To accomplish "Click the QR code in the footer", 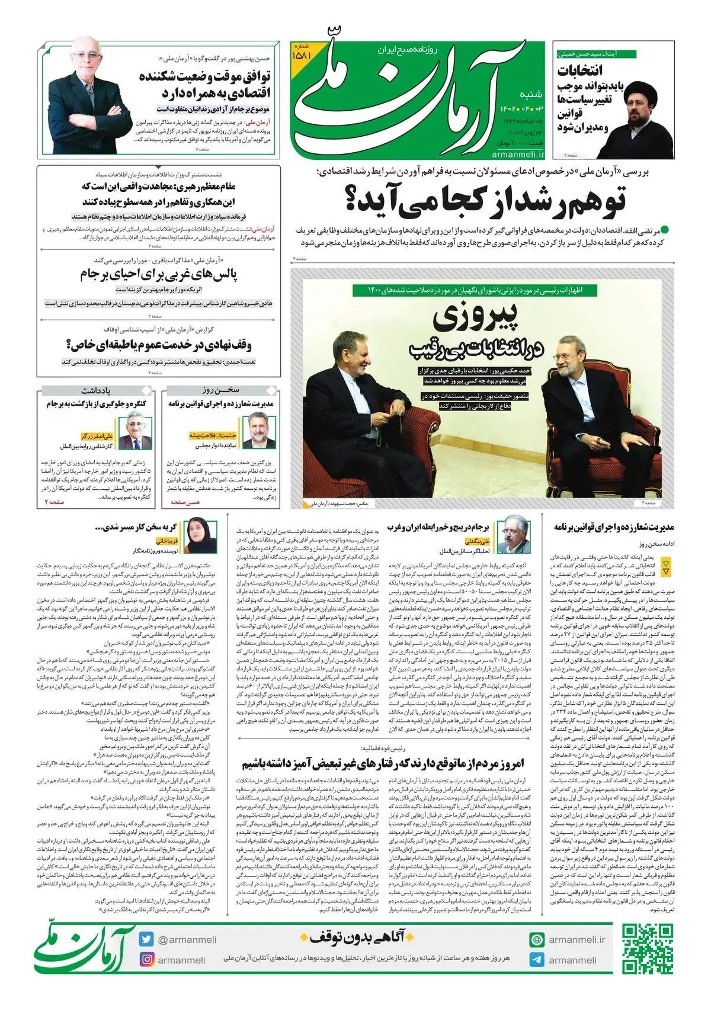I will click(648, 947).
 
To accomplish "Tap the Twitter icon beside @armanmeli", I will click(147, 940).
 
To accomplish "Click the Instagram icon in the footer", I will click(147, 960).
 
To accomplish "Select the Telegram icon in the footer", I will click(537, 960).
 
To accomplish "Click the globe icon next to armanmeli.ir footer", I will click(537, 940).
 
